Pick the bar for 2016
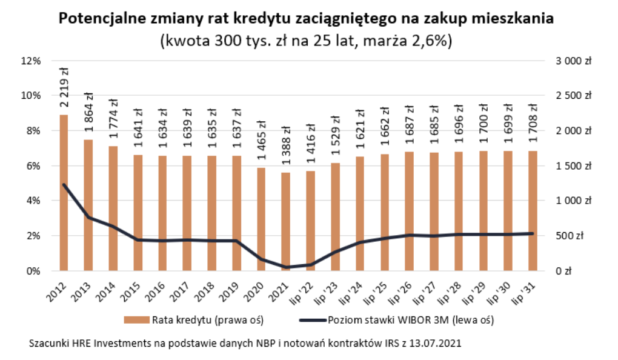click(162, 213)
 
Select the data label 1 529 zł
click(334, 136)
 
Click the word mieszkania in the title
click(511, 19)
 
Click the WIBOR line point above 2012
click(64, 185)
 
